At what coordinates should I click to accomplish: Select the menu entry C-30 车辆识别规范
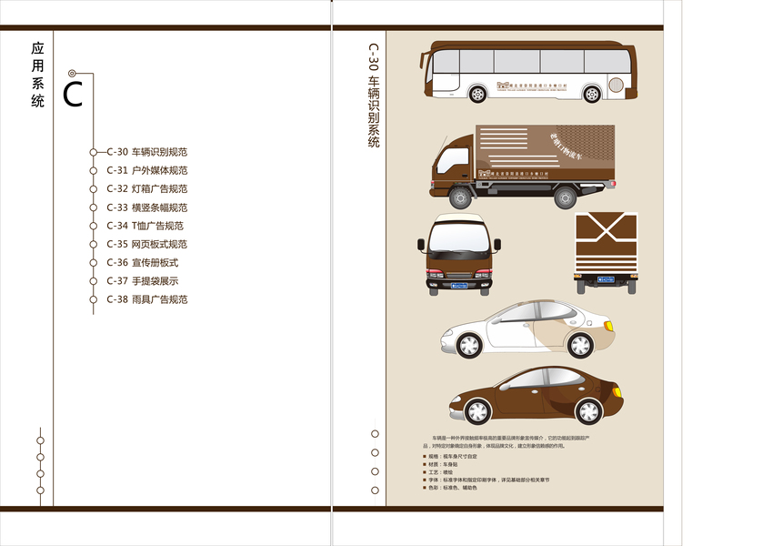tap(146, 152)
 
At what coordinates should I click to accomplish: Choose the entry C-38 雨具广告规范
tap(146, 299)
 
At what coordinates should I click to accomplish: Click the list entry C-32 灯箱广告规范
tap(146, 189)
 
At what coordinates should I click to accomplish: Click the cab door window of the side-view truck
tap(454, 156)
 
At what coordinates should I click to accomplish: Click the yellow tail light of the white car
tap(609, 326)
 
